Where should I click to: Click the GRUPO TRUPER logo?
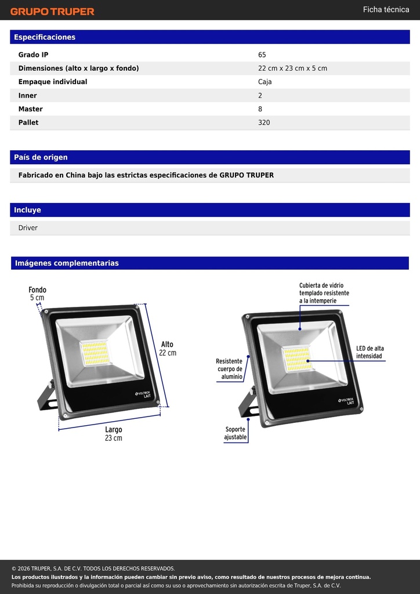[x=52, y=12]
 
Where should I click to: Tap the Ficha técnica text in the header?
[x=386, y=9]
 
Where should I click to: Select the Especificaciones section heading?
[x=45, y=37]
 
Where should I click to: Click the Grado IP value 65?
[x=262, y=55]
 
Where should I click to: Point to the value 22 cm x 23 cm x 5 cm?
[x=293, y=68]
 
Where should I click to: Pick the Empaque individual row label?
[x=53, y=82]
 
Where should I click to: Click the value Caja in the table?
[x=265, y=82]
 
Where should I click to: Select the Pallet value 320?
[x=264, y=122]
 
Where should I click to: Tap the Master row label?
[x=31, y=109]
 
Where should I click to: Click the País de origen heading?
[x=41, y=157]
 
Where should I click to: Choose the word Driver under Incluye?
[x=28, y=227]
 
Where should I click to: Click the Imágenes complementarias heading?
[x=67, y=263]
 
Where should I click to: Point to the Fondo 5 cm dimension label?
[x=37, y=294]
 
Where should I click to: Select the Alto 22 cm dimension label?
[x=168, y=349]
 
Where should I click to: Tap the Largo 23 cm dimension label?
[x=114, y=434]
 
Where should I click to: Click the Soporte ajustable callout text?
[x=236, y=433]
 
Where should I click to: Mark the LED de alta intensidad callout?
[x=370, y=352]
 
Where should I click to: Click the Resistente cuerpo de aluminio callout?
[x=230, y=369]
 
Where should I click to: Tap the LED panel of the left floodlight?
[x=95, y=353]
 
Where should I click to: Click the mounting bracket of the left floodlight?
[x=46, y=396]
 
